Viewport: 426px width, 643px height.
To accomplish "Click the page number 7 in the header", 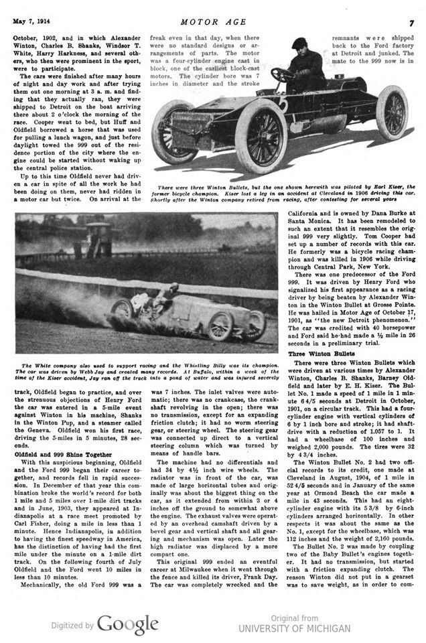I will coord(411,23).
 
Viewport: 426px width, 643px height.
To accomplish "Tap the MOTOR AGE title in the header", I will coord(212,23).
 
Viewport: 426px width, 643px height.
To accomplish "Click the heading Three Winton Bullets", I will coord(318,353).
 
